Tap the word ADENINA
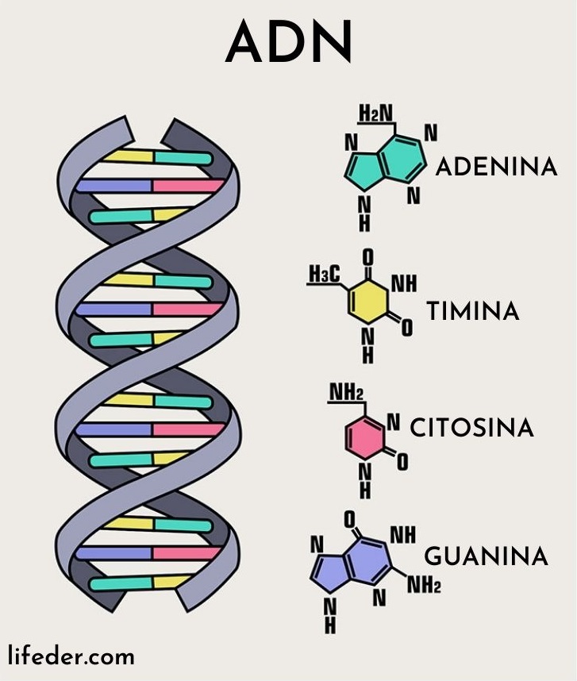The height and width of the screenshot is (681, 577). coord(496,167)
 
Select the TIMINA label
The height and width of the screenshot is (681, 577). coord(473,311)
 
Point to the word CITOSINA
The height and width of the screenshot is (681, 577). coord(471,429)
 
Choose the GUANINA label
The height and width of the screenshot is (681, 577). coord(486,556)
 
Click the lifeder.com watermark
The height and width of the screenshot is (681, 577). coord(71,656)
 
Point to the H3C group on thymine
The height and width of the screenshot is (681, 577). coord(324,274)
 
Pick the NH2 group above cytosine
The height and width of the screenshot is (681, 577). coord(346,394)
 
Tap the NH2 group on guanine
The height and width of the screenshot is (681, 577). coord(424,587)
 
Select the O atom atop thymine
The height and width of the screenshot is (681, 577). coord(367,257)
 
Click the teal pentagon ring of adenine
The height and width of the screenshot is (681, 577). coord(360,167)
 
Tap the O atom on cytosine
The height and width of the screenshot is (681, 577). coord(402,460)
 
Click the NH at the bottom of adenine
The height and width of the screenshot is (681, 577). coord(364,214)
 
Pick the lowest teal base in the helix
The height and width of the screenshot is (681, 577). coord(119,585)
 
